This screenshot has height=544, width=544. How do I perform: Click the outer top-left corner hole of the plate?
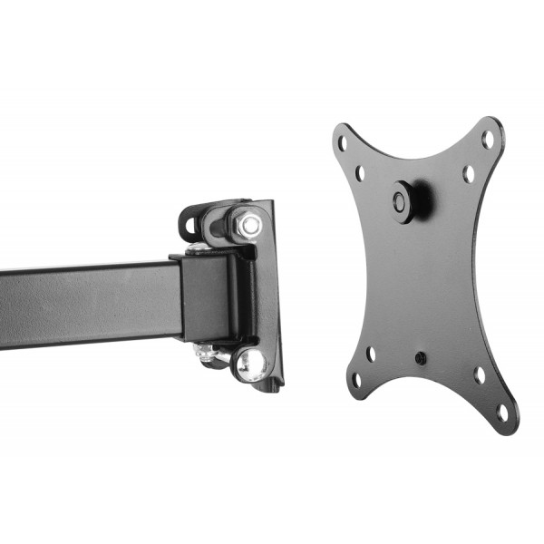(x=339, y=141)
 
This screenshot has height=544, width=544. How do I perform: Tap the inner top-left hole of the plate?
(x=360, y=170)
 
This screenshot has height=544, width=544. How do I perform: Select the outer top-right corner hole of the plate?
(x=487, y=139)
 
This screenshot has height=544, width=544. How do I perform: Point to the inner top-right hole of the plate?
(x=469, y=170)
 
